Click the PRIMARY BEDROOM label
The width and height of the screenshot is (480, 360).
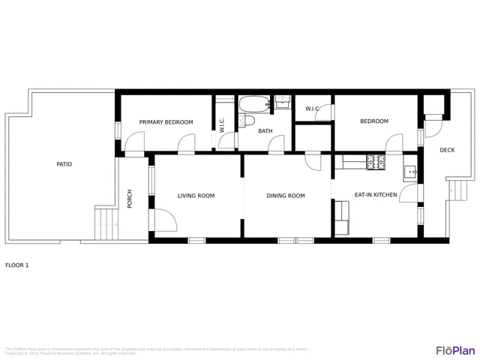tap(166, 122)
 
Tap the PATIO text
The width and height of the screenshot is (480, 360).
tap(64, 163)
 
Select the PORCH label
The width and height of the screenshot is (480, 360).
tap(130, 198)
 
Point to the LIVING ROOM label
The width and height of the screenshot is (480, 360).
tap(196, 196)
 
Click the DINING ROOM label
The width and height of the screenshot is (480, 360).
tap(286, 196)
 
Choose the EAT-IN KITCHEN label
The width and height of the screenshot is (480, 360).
tap(376, 195)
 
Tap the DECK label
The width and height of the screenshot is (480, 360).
tap(447, 150)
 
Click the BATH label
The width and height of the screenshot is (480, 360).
tap(265, 131)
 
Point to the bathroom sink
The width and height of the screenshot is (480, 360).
tap(282, 101)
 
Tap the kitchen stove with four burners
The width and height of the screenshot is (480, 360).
tap(375, 160)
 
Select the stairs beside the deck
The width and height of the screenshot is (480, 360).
tap(460, 193)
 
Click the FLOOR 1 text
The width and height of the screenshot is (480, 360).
tap(16, 265)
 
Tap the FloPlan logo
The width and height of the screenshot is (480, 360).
tap(455, 350)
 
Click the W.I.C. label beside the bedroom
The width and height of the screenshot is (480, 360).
tap(313, 109)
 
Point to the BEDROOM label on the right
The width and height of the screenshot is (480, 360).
tap(374, 121)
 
